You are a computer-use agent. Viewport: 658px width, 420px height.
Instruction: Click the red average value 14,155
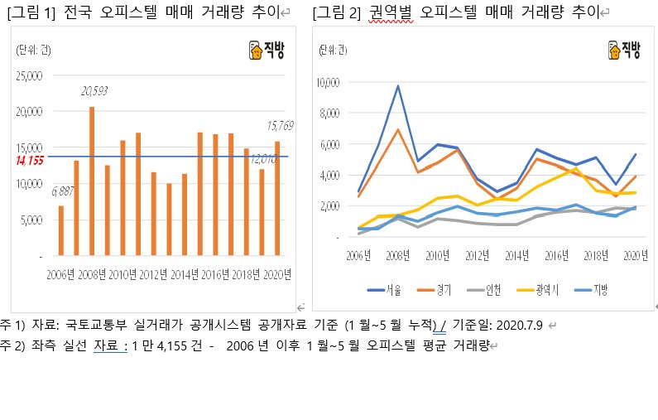pyautogui.click(x=29, y=160)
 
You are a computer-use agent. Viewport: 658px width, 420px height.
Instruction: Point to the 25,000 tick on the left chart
pyautogui.click(x=29, y=76)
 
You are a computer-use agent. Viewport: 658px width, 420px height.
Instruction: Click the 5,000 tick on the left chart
pyautogui.click(x=31, y=220)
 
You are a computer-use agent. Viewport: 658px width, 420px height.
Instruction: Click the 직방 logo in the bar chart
pyautogui.click(x=266, y=51)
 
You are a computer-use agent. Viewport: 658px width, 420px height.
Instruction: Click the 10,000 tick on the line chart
pyautogui.click(x=328, y=82)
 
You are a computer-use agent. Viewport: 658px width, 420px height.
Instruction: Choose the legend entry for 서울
pyautogui.click(x=386, y=289)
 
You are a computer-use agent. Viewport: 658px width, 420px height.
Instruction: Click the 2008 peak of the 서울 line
pyautogui.click(x=398, y=85)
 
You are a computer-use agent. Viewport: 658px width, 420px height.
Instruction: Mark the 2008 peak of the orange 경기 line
pyautogui.click(x=398, y=129)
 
